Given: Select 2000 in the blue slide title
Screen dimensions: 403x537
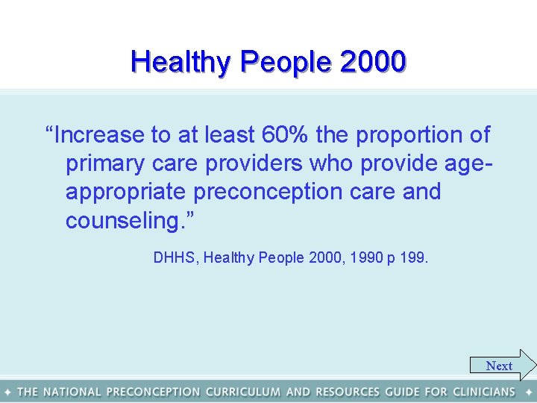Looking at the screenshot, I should (x=372, y=61).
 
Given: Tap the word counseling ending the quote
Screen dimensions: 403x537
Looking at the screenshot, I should (x=127, y=221).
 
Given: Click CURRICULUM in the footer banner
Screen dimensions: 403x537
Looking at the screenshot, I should (x=243, y=391).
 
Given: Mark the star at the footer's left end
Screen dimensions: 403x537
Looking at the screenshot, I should (x=7, y=391).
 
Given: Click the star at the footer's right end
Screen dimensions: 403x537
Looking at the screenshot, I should (x=528, y=391).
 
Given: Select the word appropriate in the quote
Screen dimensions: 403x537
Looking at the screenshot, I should (x=126, y=192).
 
